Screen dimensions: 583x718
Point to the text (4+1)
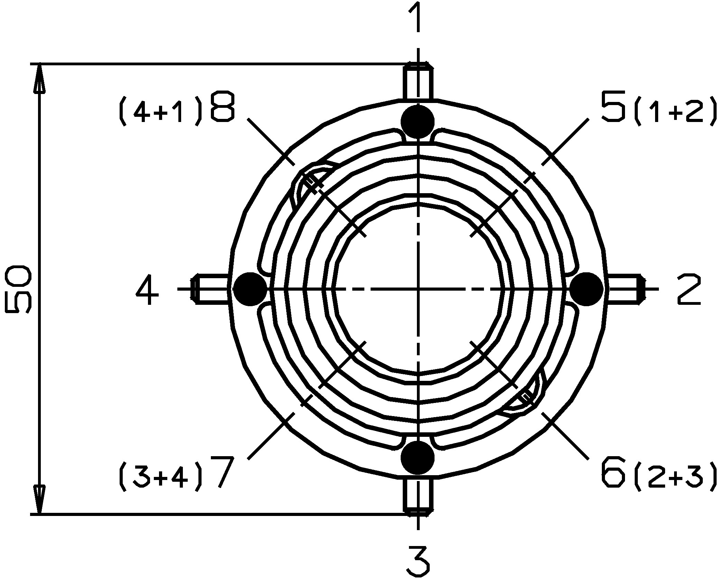pos(160,112)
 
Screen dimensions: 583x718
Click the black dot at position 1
pos(418,122)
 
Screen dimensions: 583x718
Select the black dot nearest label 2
pos(586,289)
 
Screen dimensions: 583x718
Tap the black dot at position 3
pos(418,457)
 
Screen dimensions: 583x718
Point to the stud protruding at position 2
pos(624,289)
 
